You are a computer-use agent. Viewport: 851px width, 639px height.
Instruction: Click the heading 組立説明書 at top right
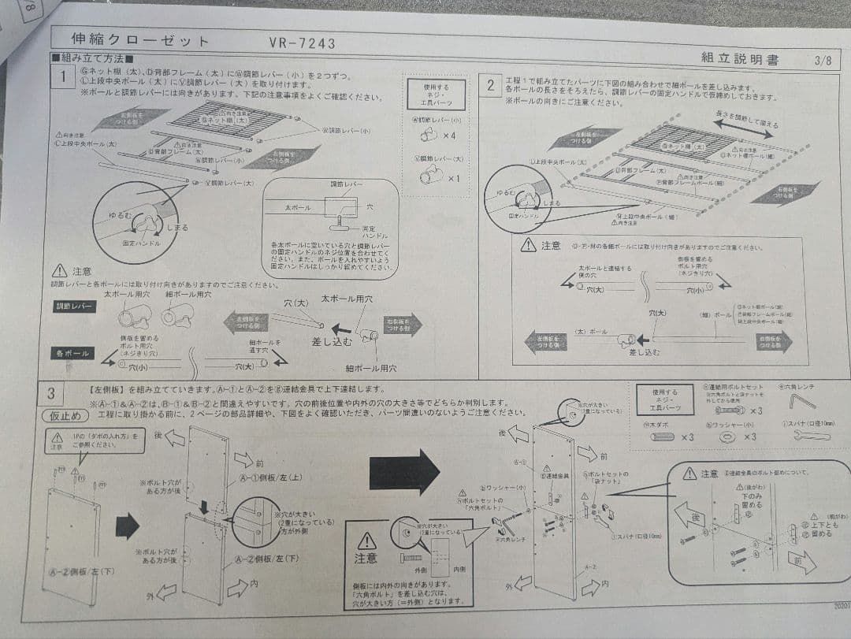739,58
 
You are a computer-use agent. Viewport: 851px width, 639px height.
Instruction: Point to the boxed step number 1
61,76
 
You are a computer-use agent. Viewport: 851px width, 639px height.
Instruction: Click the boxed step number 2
491,85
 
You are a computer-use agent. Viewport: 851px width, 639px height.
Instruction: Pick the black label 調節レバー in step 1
75,306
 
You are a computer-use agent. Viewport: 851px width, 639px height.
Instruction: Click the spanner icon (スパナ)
811,435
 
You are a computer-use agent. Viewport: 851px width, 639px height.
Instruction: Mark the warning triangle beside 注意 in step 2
529,245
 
